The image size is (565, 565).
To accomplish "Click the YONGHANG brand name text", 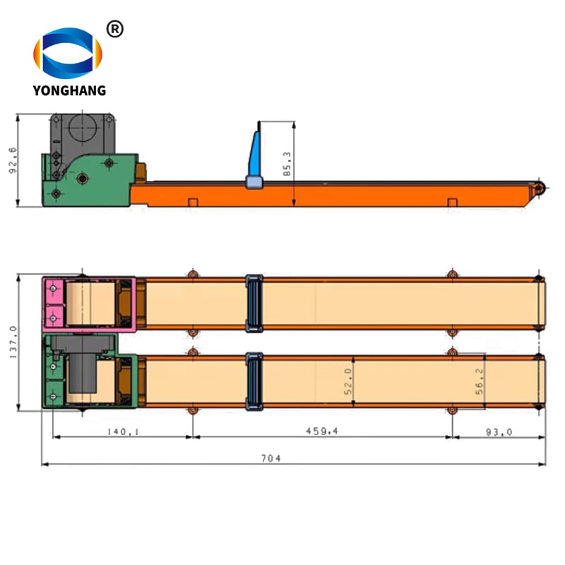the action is [69, 90].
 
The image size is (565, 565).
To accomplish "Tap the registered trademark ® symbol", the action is [115, 29].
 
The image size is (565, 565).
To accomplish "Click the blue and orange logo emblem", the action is [68, 53].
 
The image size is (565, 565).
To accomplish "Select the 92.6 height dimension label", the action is [13, 160].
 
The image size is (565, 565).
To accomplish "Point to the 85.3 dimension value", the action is [287, 164].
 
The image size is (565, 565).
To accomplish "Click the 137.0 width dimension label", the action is [13, 343].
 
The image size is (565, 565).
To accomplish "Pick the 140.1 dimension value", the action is [123, 432].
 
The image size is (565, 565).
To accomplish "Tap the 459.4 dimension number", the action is [322, 431].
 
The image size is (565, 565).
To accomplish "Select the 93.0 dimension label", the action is [499, 432].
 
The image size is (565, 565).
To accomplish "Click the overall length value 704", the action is [271, 458].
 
